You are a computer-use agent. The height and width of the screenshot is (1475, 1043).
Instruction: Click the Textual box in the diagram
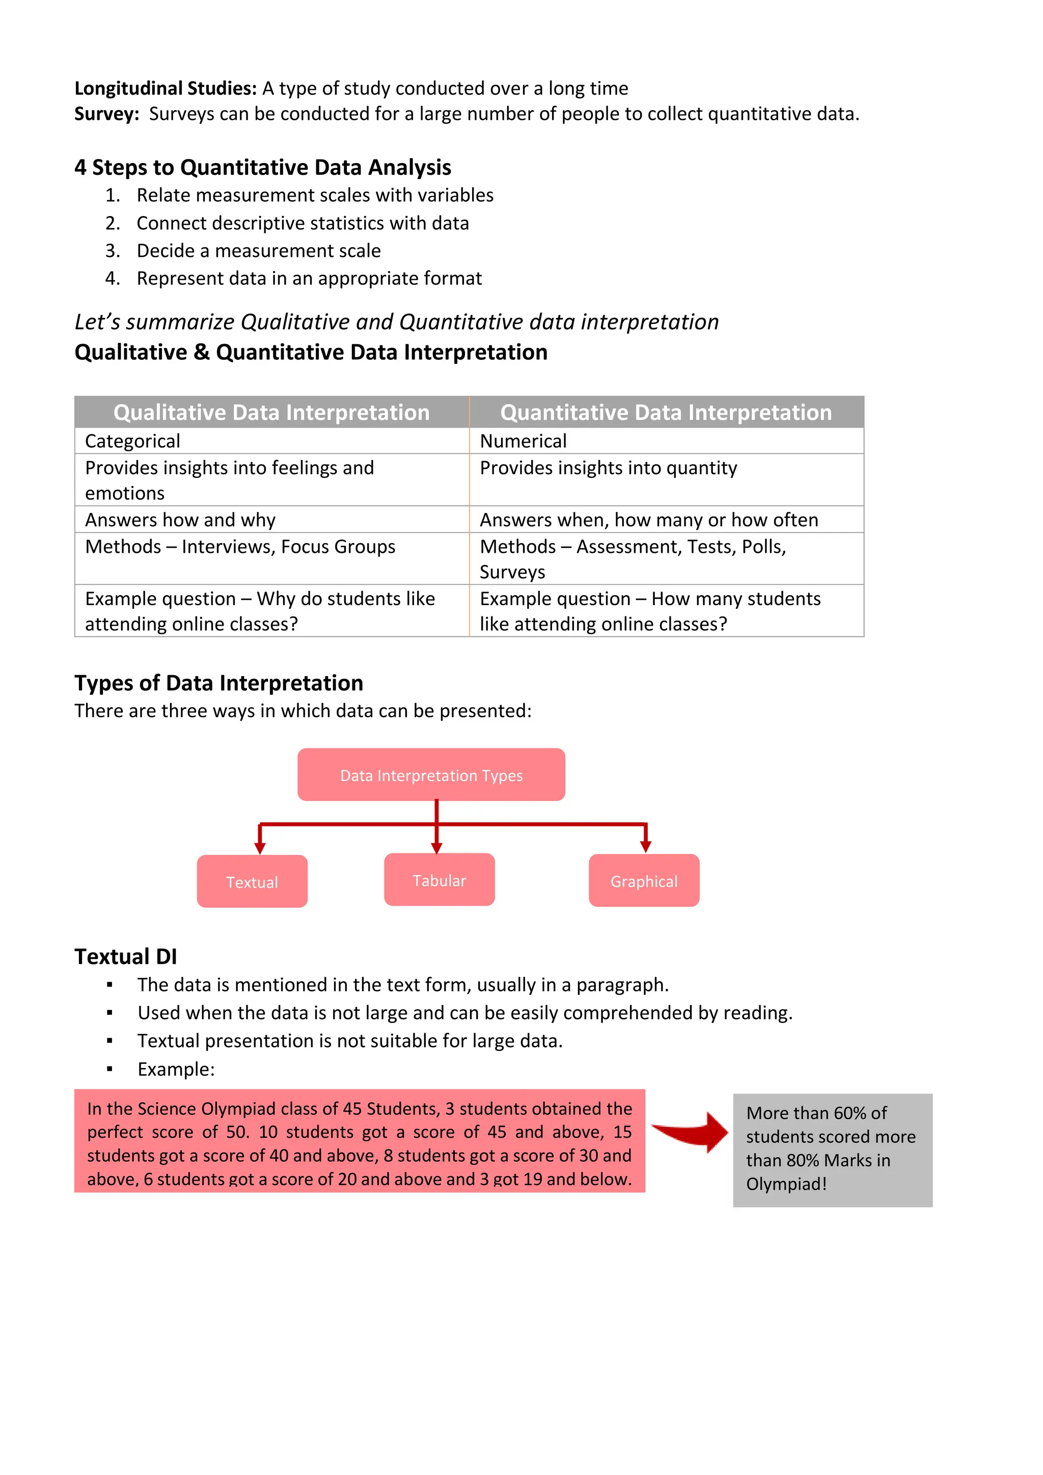(252, 881)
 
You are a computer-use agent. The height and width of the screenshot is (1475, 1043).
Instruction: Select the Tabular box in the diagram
(440, 880)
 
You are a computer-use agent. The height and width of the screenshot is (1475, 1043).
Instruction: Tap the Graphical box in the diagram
(644, 881)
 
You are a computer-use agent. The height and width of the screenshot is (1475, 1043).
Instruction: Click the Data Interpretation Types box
(431, 775)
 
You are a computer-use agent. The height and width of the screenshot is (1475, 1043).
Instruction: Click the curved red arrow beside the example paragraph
(691, 1132)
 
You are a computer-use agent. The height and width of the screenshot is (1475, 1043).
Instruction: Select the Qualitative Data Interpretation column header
(271, 412)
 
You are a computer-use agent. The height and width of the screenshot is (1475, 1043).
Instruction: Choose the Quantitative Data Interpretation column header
(666, 412)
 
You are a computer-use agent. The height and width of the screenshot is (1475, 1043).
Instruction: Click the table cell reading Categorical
(133, 441)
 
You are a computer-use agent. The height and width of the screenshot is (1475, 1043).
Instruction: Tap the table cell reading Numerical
(523, 441)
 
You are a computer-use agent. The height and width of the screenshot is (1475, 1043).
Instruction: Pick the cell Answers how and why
(180, 520)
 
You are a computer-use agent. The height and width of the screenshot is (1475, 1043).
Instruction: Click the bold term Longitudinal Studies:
(166, 88)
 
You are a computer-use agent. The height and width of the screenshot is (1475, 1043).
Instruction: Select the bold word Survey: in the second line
(106, 114)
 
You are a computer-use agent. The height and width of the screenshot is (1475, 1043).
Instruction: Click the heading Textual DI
(126, 956)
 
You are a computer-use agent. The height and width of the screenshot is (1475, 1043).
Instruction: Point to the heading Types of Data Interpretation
(218, 683)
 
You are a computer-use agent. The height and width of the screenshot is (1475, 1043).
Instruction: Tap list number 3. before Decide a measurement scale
(113, 251)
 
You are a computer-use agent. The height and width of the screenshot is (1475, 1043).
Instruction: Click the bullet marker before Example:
(110, 1069)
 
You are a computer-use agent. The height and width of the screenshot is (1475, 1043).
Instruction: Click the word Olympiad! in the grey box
(786, 1184)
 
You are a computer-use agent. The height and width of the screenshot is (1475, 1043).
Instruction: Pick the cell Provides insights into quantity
(608, 468)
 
